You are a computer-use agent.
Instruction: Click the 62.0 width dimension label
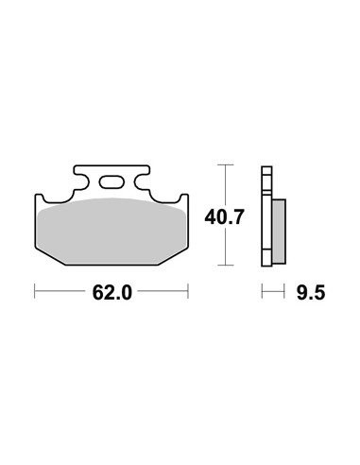tap(111, 293)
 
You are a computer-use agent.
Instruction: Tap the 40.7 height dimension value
tap(224, 216)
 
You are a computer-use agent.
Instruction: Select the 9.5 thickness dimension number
tap(310, 293)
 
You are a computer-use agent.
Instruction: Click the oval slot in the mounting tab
tap(111, 181)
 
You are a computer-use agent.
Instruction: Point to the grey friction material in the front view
tap(111, 232)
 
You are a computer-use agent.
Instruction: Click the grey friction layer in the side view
tap(279, 232)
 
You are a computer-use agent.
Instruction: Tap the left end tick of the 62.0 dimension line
tap(35, 291)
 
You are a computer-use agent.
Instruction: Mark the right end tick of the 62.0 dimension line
tap(188, 291)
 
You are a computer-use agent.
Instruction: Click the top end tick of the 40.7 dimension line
tap(226, 164)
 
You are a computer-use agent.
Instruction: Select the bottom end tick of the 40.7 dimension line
tap(226, 266)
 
